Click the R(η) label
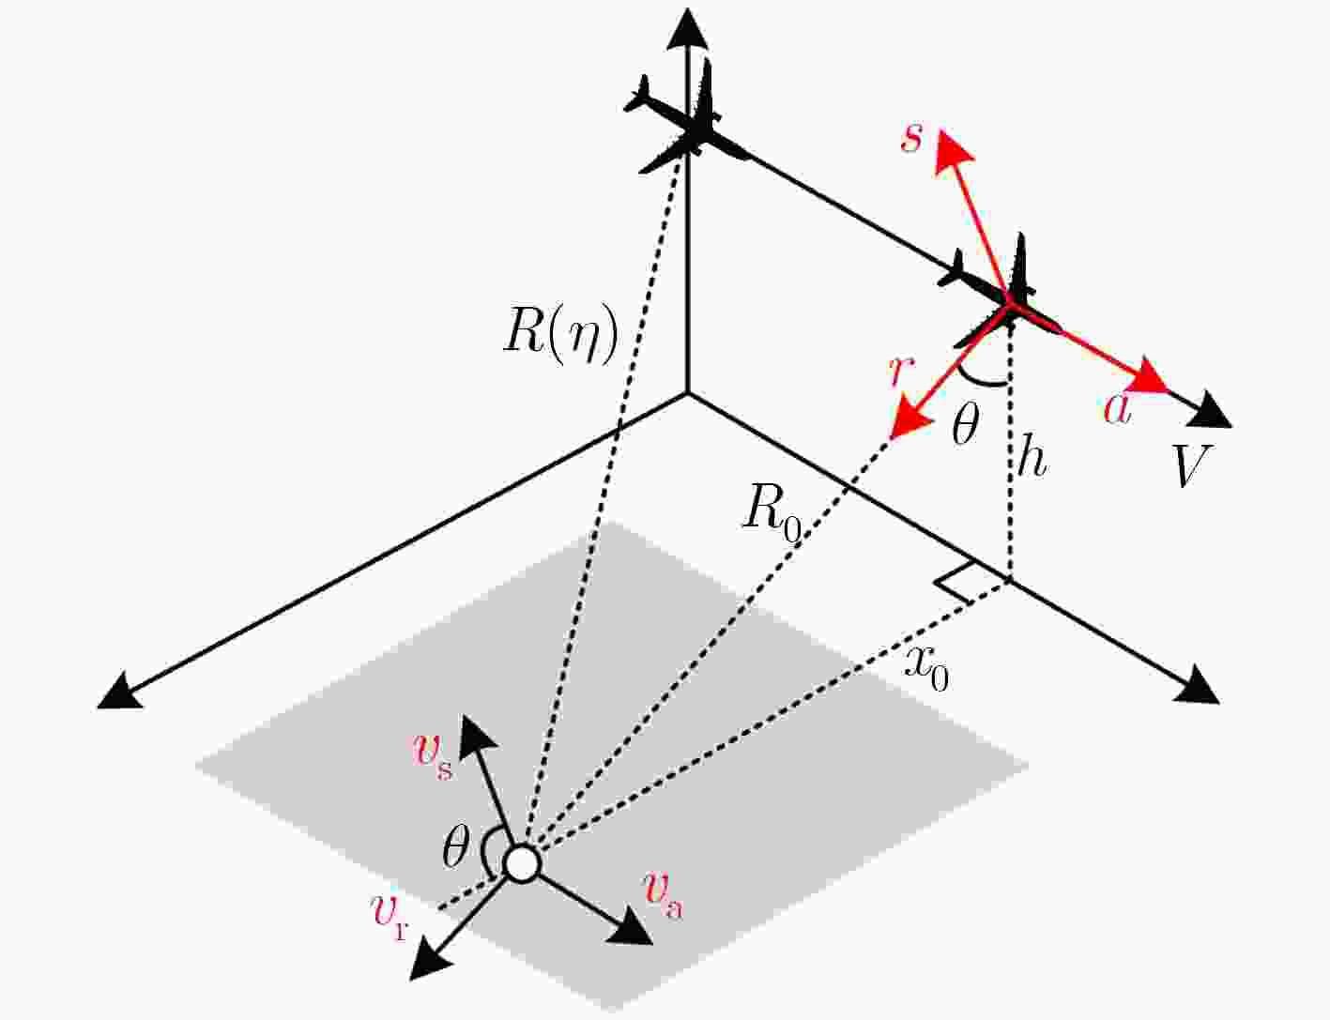[560, 337]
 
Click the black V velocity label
[1192, 465]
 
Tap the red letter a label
[1117, 410]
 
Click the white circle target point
[522, 863]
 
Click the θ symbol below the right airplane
[965, 424]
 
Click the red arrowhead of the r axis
[910, 420]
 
